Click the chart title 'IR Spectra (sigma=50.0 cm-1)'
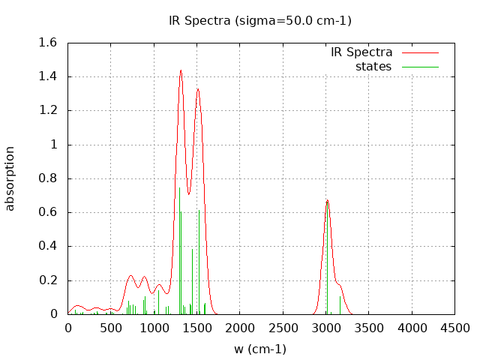(260, 20)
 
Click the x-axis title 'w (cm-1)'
(260, 349)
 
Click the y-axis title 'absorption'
(10, 178)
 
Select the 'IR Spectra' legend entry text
(361, 52)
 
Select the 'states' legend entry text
(373, 66)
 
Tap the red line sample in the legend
(420, 52)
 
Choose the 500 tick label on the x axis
(111, 328)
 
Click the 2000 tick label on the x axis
(240, 328)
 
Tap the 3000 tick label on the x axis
(326, 328)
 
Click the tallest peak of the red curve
(181, 70)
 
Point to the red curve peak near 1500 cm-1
(198, 88)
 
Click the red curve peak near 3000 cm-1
(327, 200)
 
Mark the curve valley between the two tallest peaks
(189, 194)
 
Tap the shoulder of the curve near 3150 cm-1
(340, 285)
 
